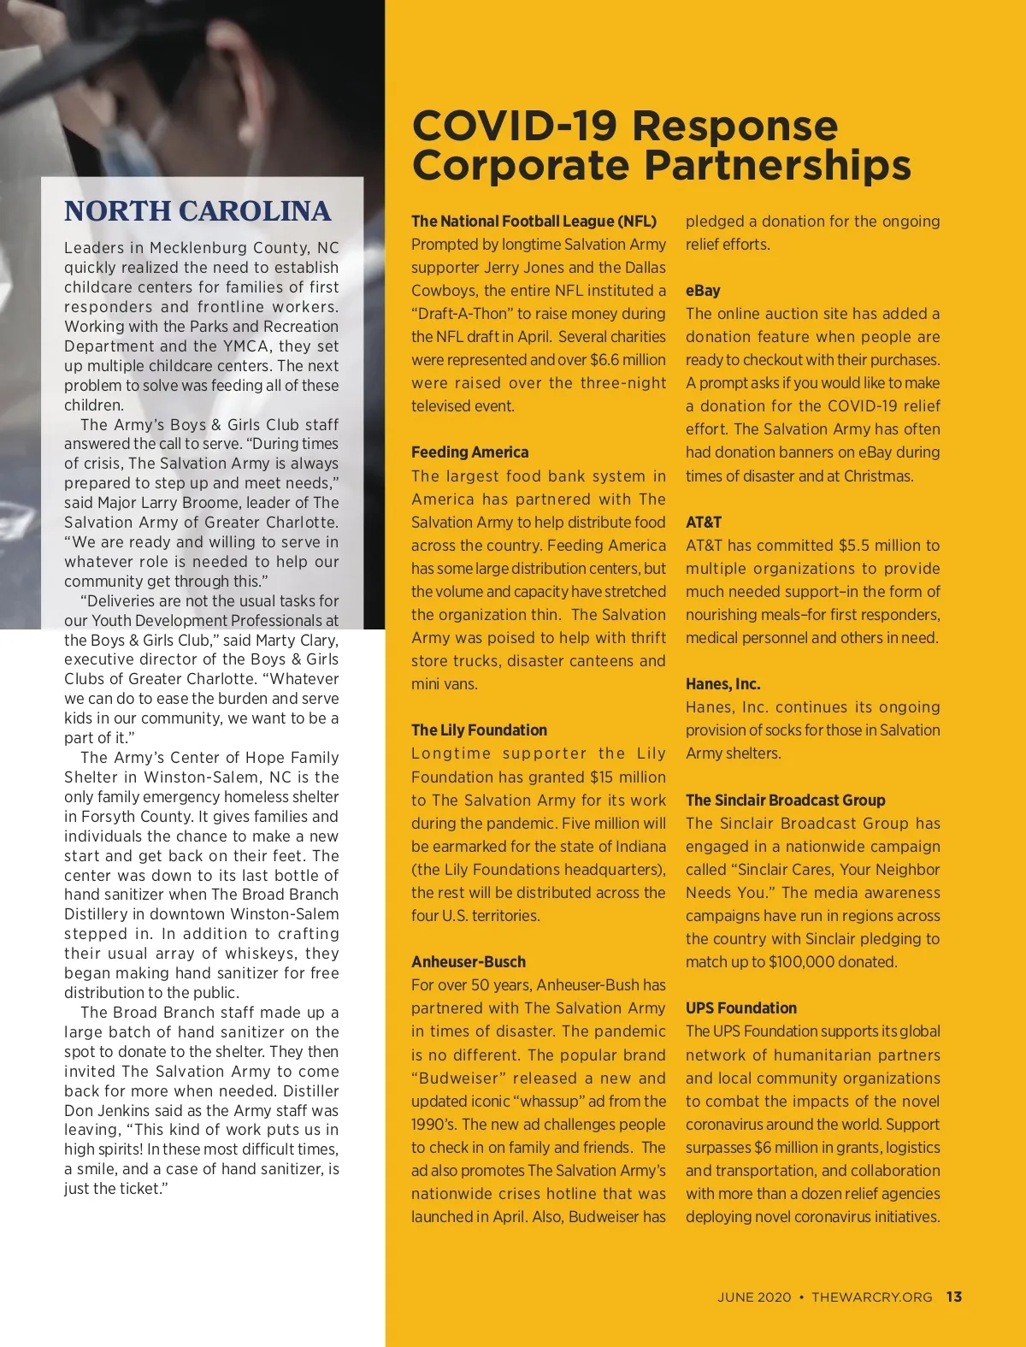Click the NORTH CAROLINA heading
point(198,211)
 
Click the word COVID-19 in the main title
point(514,126)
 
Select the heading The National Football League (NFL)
point(534,222)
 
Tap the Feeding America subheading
point(469,452)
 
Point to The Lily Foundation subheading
point(479,730)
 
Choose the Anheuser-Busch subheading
point(468,962)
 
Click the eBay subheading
point(703,291)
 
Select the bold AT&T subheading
point(704,523)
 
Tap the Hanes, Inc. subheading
point(722,684)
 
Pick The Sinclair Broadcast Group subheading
point(785,801)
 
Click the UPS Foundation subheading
point(740,1008)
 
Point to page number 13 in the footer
point(954,1297)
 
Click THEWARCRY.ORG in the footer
point(871,1297)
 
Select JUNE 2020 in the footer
point(754,1297)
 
